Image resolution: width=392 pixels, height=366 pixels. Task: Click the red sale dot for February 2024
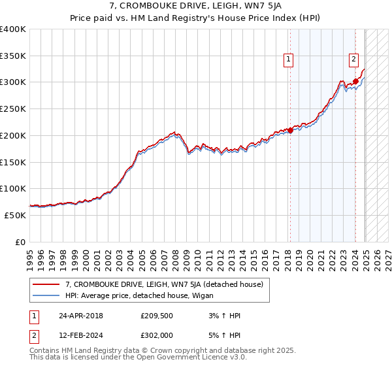point(355,82)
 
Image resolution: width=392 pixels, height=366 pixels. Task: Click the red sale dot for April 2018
point(290,131)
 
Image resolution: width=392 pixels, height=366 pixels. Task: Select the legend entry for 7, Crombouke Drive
point(164,285)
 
